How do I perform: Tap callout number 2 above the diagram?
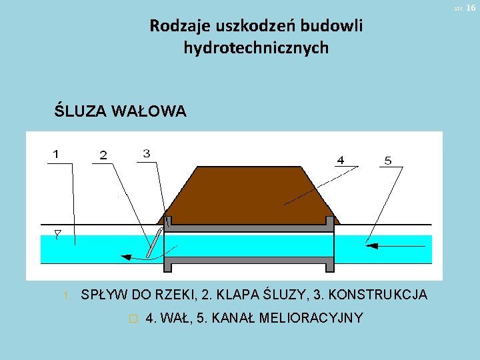103,155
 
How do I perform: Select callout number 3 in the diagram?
146,153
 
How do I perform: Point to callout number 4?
341,160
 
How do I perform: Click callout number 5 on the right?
388,160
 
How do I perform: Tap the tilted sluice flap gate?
155,241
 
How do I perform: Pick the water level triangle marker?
57,234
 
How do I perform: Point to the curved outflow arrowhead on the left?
124,255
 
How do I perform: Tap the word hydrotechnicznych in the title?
256,48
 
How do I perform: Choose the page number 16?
471,7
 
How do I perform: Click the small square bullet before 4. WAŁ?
133,319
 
